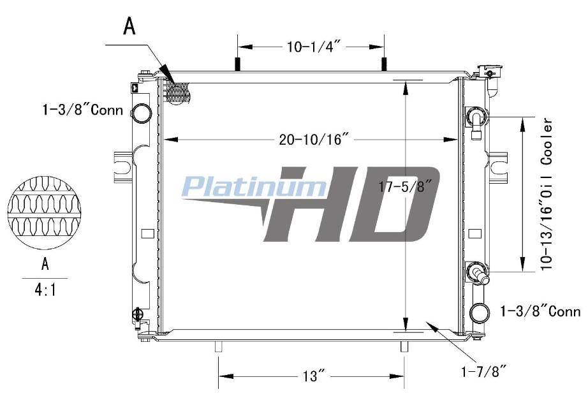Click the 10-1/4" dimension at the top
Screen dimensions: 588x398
(314, 47)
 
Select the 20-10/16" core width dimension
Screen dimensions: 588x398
(311, 140)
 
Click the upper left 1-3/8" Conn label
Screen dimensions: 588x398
(82, 110)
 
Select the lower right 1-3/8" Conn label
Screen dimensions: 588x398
(540, 311)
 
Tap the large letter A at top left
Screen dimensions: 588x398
(129, 26)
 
